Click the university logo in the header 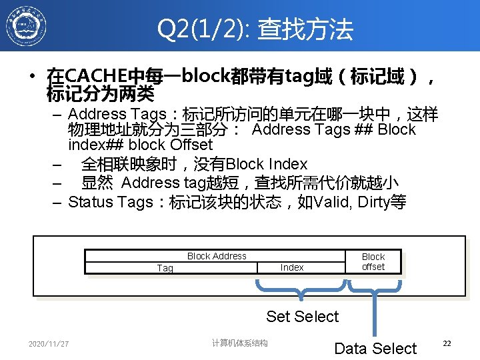[26, 27]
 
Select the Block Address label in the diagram [217, 256]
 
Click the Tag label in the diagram [165, 268]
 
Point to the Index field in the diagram [292, 267]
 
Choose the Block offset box [373, 261]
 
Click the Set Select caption [303, 317]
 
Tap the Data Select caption [375, 348]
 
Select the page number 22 [447, 343]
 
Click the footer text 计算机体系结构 [240, 343]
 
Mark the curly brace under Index [301, 291]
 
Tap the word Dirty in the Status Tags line [375, 202]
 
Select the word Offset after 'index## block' [191, 145]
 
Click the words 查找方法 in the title [305, 29]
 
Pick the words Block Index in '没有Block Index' [267, 164]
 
